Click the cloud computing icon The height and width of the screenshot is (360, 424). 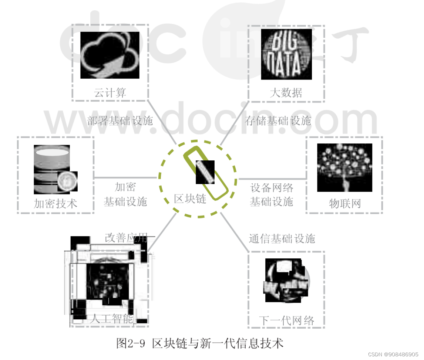110,55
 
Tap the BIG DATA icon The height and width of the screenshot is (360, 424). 286,55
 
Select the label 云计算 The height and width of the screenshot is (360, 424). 110,93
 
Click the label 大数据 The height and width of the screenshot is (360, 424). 286,92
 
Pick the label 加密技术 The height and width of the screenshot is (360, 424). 55,204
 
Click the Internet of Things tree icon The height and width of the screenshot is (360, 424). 344,167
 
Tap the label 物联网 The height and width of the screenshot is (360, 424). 344,204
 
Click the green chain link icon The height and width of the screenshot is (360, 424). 206,172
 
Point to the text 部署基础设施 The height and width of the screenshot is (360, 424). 120,121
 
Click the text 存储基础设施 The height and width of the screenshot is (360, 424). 278,121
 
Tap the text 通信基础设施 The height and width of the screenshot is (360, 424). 282,239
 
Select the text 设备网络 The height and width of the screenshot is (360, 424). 272,188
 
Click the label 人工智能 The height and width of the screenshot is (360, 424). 111,319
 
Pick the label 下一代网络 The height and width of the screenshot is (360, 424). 286,320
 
